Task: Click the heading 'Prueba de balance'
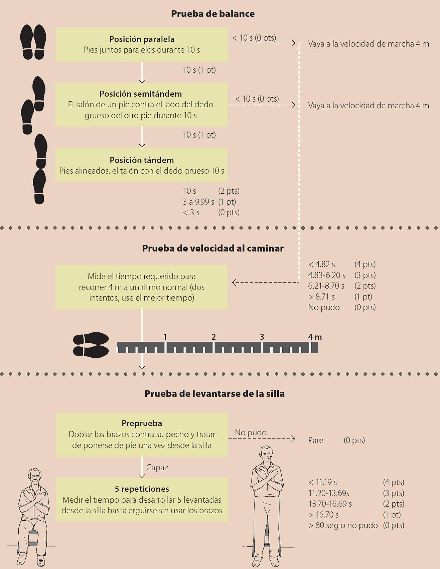[213, 14]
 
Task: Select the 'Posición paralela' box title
[142, 39]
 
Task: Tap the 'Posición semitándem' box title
[140, 94]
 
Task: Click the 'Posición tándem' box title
[141, 160]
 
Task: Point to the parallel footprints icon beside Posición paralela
[33, 42]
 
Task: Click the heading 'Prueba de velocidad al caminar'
[213, 248]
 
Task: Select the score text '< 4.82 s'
[321, 264]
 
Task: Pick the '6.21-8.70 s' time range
[326, 286]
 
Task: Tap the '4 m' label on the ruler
[315, 337]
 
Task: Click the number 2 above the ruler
[213, 337]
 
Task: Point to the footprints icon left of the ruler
[91, 345]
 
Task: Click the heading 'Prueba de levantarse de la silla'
[215, 394]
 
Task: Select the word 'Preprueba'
[142, 423]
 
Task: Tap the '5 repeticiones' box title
[142, 489]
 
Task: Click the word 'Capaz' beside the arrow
[157, 467]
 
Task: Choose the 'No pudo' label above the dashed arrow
[251, 432]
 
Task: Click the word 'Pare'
[316, 440]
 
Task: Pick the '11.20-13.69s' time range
[329, 493]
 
